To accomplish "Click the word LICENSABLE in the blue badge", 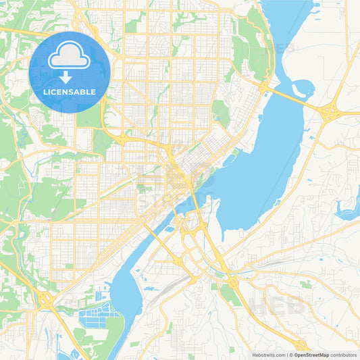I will click(x=70, y=92).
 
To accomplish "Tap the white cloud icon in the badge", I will click(x=70, y=58).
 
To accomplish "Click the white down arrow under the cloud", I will click(x=70, y=76).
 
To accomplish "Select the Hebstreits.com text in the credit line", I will click(x=269, y=355).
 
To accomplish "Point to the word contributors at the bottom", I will click(x=344, y=355).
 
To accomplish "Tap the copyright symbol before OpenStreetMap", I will click(x=290, y=355).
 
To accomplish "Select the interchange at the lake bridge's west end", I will click(x=263, y=88).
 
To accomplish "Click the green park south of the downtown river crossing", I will click(x=230, y=293).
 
